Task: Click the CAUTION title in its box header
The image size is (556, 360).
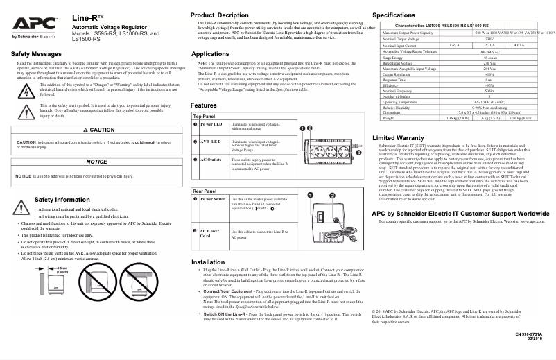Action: (x=98, y=130)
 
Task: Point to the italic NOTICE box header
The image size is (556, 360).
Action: (x=96, y=161)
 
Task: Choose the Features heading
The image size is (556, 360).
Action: (x=204, y=105)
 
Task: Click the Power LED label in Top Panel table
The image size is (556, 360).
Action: (x=211, y=124)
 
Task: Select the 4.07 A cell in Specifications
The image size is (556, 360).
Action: (x=519, y=44)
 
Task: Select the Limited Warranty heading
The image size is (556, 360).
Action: (x=398, y=138)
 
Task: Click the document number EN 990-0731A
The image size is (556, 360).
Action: (x=530, y=334)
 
